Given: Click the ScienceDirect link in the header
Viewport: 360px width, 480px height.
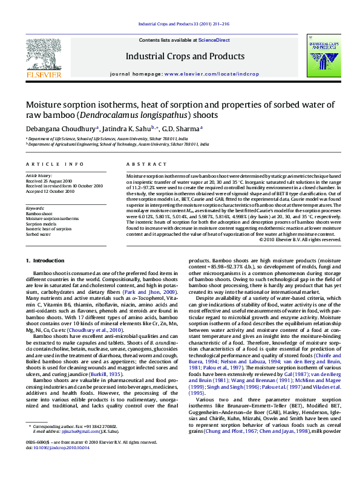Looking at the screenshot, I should click(x=214, y=40).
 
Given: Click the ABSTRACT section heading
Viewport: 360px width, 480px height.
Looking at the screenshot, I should click(x=142, y=164).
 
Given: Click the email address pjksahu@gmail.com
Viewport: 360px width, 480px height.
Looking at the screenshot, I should click(x=70, y=449).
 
